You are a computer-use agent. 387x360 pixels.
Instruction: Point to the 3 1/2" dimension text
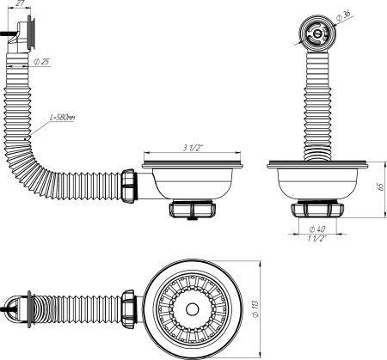pos(192,149)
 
